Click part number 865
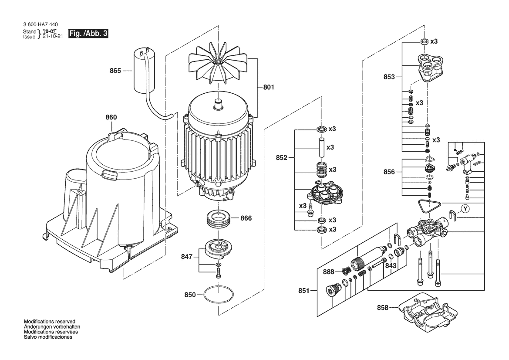(x=115, y=71)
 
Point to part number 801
(x=269, y=87)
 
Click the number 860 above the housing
(x=111, y=117)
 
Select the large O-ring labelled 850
(x=219, y=294)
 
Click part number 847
(x=187, y=257)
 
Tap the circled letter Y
(x=465, y=209)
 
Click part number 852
(x=281, y=158)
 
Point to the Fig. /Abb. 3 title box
(x=88, y=34)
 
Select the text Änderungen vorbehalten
(x=52, y=327)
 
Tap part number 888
(x=328, y=272)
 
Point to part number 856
(x=389, y=172)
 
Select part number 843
(x=391, y=265)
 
